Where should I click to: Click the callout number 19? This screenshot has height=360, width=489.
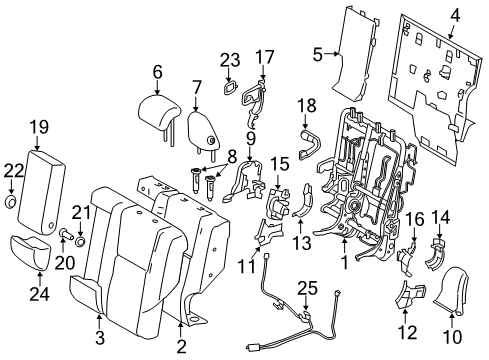click(x=39, y=127)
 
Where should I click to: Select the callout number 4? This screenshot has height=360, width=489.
click(x=454, y=14)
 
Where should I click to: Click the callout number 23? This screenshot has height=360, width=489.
click(x=230, y=59)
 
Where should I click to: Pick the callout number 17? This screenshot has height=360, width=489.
click(x=264, y=57)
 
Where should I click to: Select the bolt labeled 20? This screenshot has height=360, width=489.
click(x=65, y=237)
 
